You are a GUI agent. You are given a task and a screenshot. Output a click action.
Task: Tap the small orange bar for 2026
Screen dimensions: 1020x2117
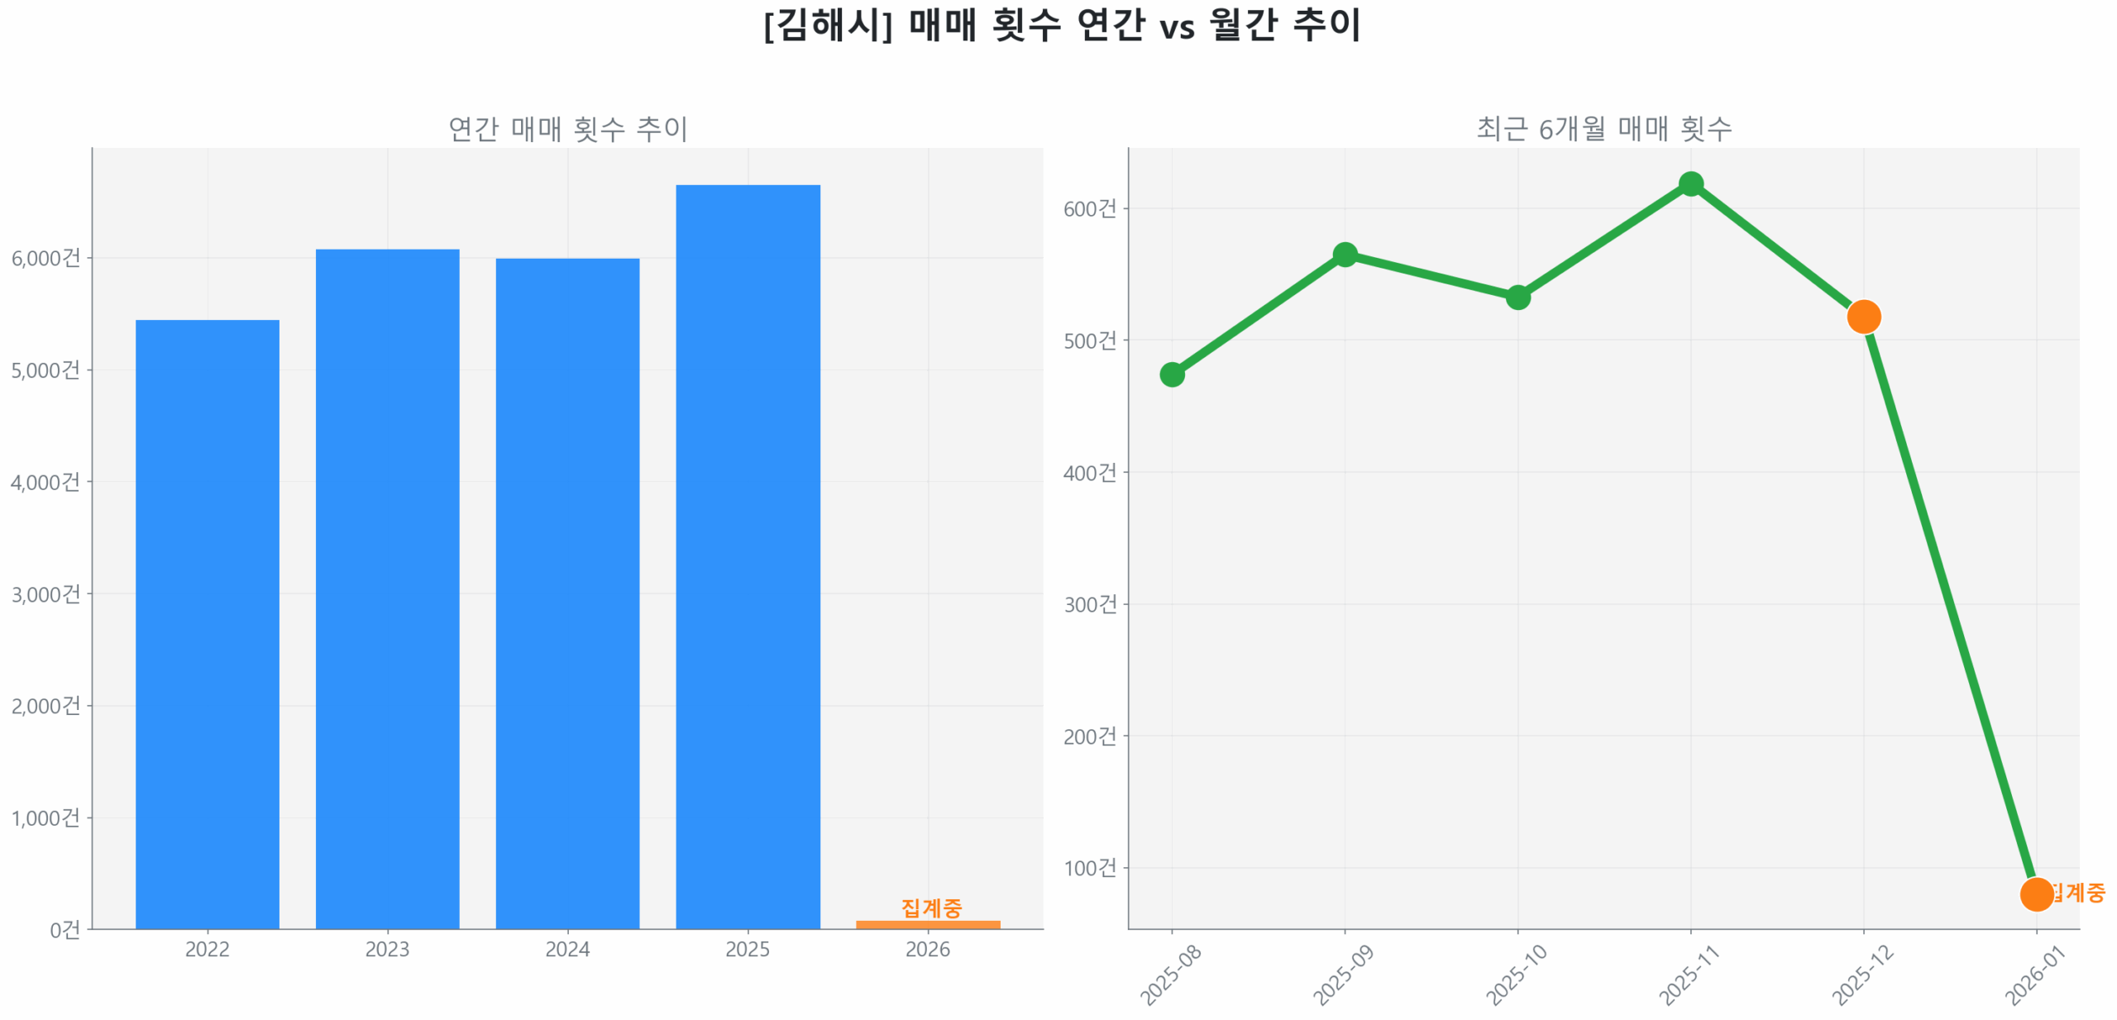pyautogui.click(x=927, y=923)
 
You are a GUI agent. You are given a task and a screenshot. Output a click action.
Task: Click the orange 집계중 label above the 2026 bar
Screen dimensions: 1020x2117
pyautogui.click(x=930, y=907)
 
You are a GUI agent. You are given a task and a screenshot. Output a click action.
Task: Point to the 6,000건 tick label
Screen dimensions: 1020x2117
pyautogui.click(x=46, y=258)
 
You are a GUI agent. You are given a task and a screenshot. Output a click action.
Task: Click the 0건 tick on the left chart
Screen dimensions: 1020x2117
pyautogui.click(x=65, y=929)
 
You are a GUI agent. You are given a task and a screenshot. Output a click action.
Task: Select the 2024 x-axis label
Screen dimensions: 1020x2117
pyautogui.click(x=567, y=948)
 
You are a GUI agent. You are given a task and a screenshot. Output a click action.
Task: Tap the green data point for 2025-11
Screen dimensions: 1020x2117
pyautogui.click(x=1690, y=184)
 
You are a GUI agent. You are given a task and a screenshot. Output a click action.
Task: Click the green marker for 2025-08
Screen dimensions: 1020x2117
pyautogui.click(x=1171, y=374)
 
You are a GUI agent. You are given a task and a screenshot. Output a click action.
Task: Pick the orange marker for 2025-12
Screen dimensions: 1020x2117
pyautogui.click(x=1863, y=316)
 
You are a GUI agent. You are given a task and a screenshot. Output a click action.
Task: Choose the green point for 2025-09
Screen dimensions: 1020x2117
pyautogui.click(x=1345, y=254)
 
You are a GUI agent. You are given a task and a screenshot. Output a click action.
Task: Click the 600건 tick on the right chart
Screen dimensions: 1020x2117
pyautogui.click(x=1089, y=208)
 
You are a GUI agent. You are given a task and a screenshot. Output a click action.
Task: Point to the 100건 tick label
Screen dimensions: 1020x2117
pyautogui.click(x=1089, y=867)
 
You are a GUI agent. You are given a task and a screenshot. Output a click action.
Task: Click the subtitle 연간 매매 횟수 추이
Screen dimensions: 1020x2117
pyautogui.click(x=567, y=128)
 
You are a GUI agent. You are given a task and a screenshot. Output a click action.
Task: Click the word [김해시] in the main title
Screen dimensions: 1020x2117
pyautogui.click(x=827, y=25)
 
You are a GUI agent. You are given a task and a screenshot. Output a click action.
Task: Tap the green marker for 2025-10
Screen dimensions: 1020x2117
pyautogui.click(x=1517, y=297)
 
